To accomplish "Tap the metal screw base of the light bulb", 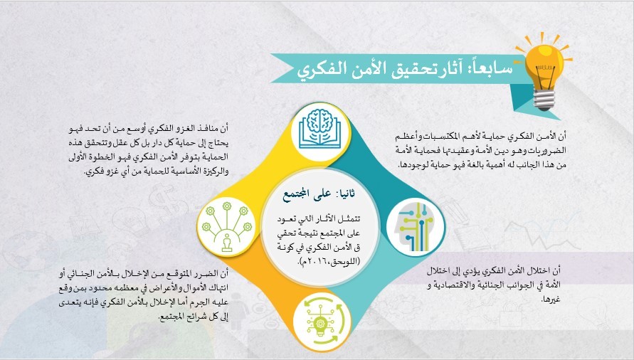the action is tap(544, 100).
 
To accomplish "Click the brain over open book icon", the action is tap(319, 131).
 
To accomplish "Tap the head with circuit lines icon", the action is tap(416, 228).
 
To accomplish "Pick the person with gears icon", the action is tap(226, 227).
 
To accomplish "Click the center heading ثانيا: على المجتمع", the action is tap(319, 195).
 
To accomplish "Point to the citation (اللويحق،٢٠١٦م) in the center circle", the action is tap(329, 261).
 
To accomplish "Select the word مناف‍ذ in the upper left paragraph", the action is tap(204, 129).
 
